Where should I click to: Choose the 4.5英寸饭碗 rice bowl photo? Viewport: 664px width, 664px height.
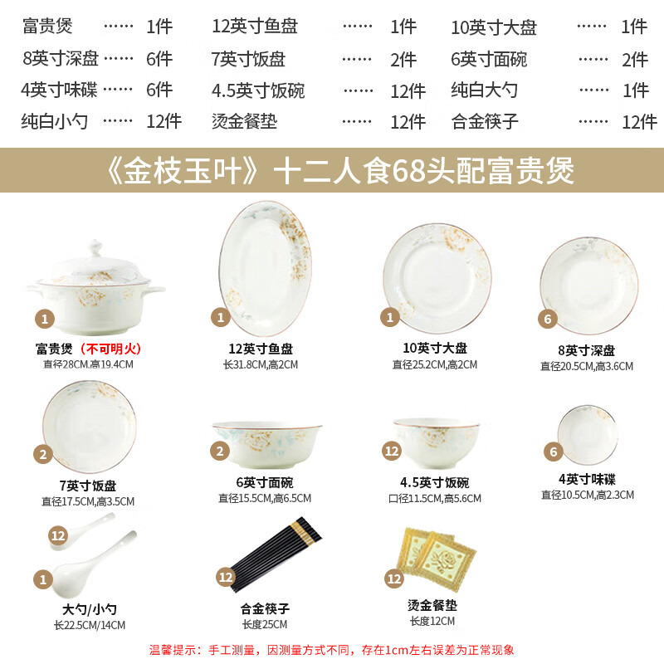point(436,441)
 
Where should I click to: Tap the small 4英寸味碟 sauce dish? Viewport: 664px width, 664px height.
point(588,434)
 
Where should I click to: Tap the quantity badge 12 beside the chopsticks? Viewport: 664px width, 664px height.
point(225,576)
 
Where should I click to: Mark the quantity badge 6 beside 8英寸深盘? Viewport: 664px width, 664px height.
point(546,319)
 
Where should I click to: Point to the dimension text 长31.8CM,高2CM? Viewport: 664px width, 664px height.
point(261,364)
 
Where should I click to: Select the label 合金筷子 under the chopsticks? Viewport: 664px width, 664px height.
point(265,608)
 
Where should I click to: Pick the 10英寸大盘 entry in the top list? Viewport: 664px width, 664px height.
point(494,27)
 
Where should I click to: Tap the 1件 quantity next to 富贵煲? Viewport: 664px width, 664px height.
point(159,27)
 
